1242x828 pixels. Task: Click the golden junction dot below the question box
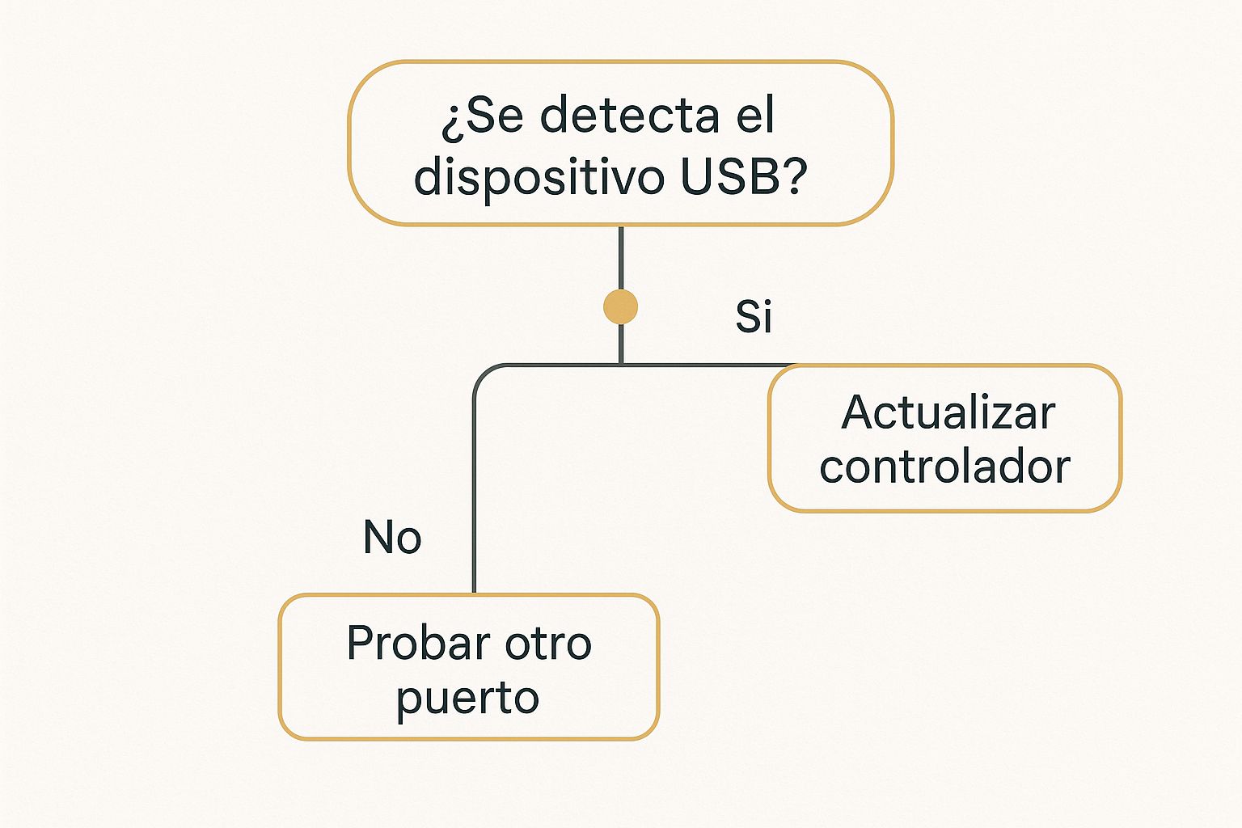click(x=620, y=306)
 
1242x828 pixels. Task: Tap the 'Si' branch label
click(x=754, y=317)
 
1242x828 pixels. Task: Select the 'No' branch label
click(x=392, y=537)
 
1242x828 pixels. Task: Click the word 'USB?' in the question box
click(x=744, y=177)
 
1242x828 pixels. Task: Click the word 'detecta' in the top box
click(x=629, y=115)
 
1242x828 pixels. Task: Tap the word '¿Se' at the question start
click(x=482, y=116)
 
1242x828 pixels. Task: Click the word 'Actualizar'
click(x=948, y=412)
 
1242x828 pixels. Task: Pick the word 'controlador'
click(x=944, y=467)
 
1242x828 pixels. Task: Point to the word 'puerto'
click(x=467, y=699)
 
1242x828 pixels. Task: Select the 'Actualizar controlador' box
click(x=944, y=438)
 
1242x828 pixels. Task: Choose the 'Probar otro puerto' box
click(x=469, y=666)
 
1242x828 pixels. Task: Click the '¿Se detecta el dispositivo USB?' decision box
click(x=620, y=143)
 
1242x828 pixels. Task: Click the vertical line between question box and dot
click(x=620, y=258)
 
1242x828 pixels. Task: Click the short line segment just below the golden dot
click(x=620, y=344)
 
